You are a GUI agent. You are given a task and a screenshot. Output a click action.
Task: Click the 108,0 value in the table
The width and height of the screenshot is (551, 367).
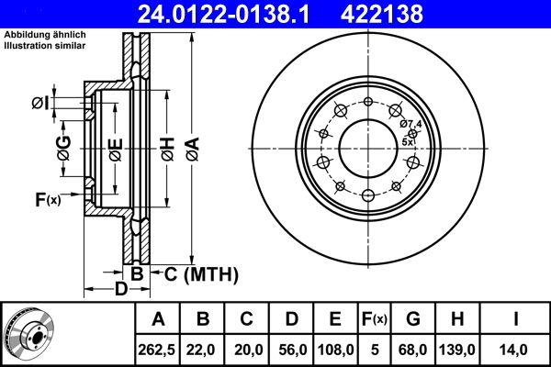click(x=336, y=349)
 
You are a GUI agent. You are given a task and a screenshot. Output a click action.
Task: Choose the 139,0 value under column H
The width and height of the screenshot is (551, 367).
click(x=456, y=349)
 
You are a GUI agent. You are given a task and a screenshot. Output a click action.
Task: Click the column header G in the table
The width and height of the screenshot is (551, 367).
click(x=413, y=319)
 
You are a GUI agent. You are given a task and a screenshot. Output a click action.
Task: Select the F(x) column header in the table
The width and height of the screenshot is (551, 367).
click(x=375, y=319)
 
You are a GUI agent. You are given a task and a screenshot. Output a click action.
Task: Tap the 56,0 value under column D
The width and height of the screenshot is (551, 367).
click(x=292, y=349)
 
